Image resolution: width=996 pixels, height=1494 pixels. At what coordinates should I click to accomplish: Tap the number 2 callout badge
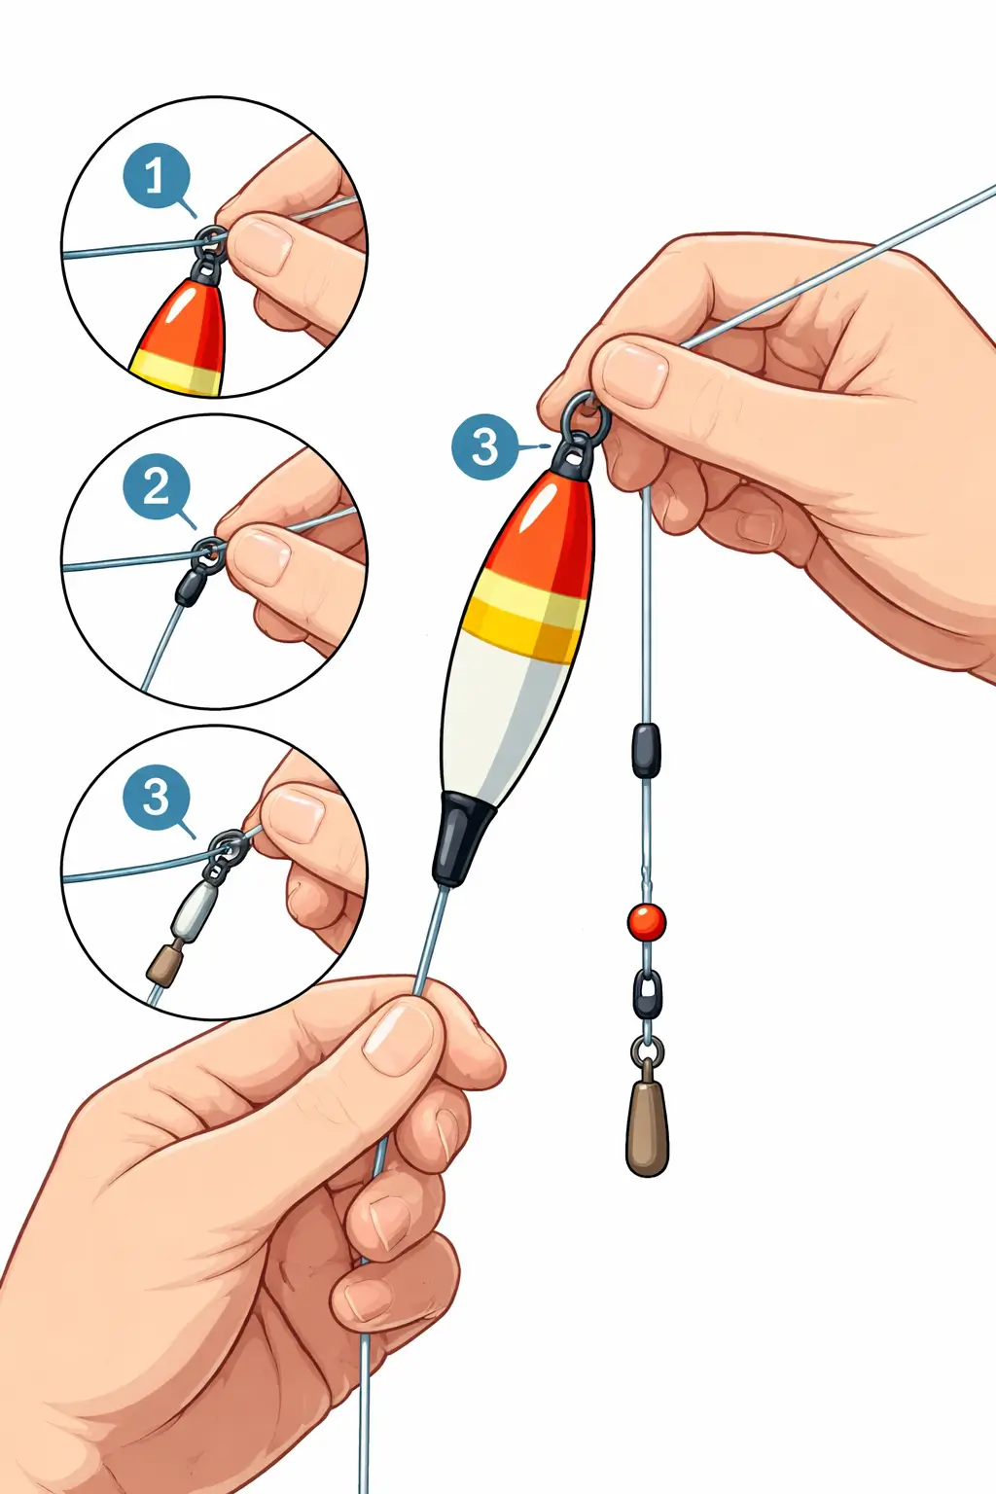click(x=157, y=487)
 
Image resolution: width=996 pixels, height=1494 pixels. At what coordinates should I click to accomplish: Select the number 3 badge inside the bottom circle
click(x=157, y=798)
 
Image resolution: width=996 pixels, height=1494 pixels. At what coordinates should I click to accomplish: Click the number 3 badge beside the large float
click(x=485, y=446)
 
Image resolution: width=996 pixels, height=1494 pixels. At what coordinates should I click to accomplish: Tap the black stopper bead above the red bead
click(x=646, y=750)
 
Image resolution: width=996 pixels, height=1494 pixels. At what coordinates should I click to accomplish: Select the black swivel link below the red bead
click(x=647, y=994)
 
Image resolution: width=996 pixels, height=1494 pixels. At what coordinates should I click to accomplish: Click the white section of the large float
click(x=505, y=722)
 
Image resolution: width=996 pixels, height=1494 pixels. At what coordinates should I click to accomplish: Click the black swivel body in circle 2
click(x=190, y=587)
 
